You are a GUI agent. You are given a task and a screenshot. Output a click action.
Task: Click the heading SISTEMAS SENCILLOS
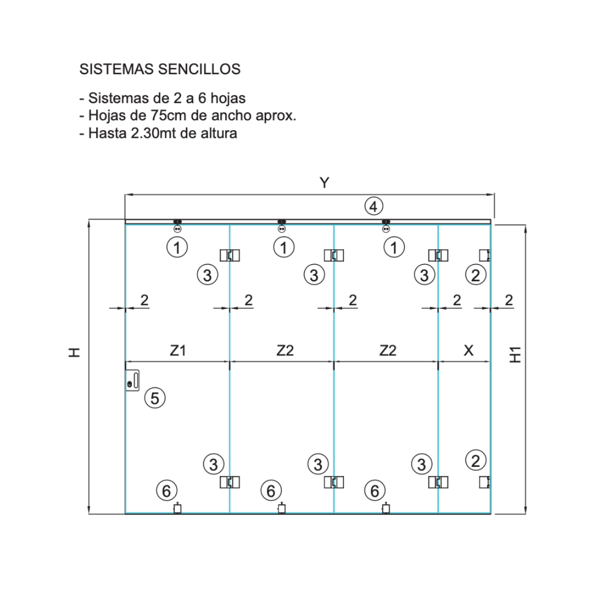(160, 69)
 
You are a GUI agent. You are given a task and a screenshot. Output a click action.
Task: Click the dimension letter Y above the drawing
(324, 183)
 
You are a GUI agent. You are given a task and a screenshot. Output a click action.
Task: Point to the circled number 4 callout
(374, 207)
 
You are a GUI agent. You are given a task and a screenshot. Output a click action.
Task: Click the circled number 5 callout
(155, 398)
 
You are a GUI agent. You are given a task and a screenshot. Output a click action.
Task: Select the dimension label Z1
(178, 350)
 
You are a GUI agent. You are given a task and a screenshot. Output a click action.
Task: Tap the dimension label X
(468, 350)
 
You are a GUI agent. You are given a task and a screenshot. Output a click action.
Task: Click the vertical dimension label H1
(515, 355)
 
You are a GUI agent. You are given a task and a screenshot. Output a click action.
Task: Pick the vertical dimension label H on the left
(75, 352)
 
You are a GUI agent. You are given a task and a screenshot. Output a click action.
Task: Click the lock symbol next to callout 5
(132, 380)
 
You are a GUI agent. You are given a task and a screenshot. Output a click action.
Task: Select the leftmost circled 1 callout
(177, 248)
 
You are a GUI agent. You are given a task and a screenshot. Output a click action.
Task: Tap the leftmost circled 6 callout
(167, 491)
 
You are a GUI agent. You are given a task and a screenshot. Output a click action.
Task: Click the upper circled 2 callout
(476, 275)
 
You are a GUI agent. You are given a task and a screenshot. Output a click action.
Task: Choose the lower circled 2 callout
(476, 461)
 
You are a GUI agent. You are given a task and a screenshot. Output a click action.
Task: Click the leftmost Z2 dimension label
(285, 350)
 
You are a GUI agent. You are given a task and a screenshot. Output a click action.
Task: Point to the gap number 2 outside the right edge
(509, 301)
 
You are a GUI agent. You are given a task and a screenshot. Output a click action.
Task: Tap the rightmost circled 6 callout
(375, 491)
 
